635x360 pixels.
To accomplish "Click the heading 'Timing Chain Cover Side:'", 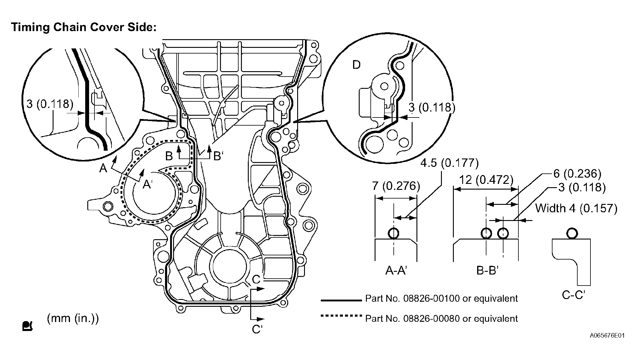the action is pos(84,27).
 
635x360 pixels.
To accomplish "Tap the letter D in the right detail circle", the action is pos(356,65).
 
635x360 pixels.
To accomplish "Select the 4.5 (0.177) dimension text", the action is pos(450,163).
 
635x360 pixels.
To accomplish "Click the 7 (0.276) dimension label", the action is pos(396,186).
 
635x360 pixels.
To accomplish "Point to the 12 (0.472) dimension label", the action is pos(486,180).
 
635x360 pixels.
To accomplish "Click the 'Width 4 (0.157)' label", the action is pos(576,208).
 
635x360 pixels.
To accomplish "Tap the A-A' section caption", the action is pos(396,271).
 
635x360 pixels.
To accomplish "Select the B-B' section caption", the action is pos(487,271).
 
